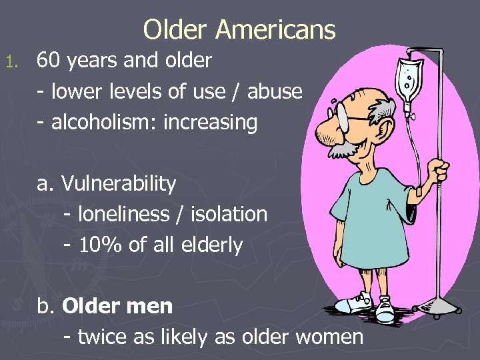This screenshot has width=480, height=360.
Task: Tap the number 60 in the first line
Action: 47,61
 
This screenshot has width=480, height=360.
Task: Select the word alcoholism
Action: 93,122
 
